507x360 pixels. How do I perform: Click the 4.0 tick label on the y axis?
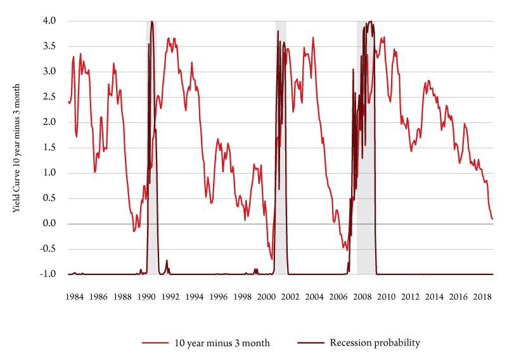pyautogui.click(x=49, y=21)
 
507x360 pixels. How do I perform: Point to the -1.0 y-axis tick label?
pyautogui.click(x=48, y=274)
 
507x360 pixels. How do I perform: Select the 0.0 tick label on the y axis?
pyautogui.click(x=49, y=224)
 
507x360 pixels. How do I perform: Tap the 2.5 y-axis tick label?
pyautogui.click(x=49, y=97)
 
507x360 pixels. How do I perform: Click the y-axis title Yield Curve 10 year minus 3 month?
pyautogui.click(x=17, y=147)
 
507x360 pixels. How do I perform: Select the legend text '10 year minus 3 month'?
pyautogui.click(x=222, y=344)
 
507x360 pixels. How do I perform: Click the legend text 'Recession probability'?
pyautogui.click(x=375, y=344)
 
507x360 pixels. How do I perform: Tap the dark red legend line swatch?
pyautogui.click(x=309, y=344)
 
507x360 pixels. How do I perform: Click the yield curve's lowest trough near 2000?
pyautogui.click(x=272, y=259)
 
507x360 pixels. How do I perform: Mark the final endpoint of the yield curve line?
pyautogui.click(x=492, y=219)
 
